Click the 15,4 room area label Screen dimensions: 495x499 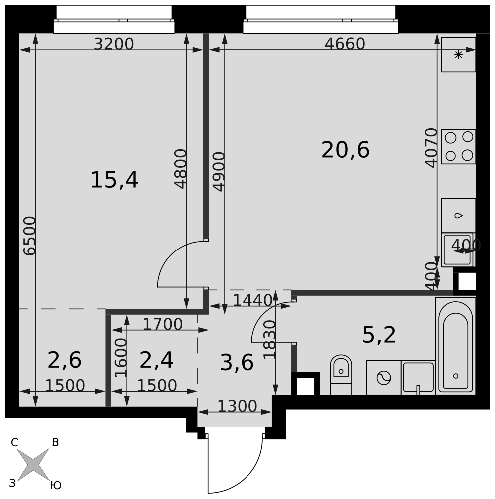click(114, 180)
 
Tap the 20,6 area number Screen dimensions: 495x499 click(345, 150)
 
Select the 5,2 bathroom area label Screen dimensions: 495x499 click(379, 335)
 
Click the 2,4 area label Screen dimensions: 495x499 click(156, 360)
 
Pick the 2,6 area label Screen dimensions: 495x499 click(65, 360)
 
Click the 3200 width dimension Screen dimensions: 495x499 click(114, 44)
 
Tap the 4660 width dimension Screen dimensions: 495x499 click(345, 44)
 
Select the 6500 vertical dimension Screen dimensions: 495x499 click(30, 236)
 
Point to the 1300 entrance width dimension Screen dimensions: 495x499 click(237, 406)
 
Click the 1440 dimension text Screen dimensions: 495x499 click(252, 300)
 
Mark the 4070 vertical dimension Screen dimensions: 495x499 click(431, 147)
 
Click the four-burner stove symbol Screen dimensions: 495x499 click(458, 146)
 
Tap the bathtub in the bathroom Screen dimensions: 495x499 click(455, 346)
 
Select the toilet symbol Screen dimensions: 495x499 click(341, 375)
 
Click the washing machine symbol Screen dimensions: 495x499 click(384, 378)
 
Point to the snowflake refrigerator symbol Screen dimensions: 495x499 click(458, 55)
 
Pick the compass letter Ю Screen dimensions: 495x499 click(56, 485)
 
